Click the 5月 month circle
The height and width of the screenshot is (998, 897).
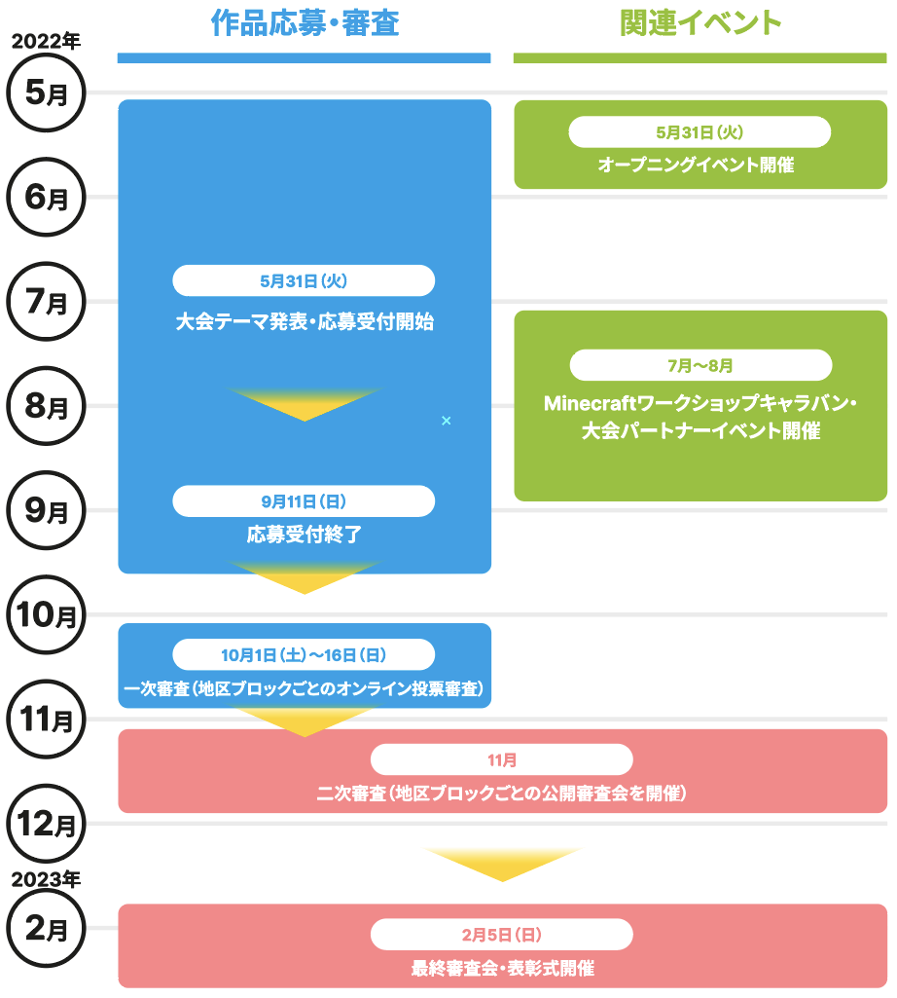click(x=46, y=93)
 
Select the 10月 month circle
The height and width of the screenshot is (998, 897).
click(x=46, y=614)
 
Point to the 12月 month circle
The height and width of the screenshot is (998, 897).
click(x=46, y=824)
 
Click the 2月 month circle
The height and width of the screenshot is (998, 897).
click(x=46, y=929)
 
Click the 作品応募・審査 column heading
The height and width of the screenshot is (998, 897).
click(x=305, y=24)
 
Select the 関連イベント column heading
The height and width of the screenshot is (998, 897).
click(x=700, y=24)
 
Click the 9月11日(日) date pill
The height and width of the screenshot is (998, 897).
click(x=304, y=501)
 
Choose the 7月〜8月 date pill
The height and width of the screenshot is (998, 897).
click(x=700, y=366)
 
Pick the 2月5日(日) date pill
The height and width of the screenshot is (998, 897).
click(x=502, y=935)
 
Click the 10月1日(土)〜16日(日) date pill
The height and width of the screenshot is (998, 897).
click(x=304, y=654)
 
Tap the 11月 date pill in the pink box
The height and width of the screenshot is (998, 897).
click(x=502, y=759)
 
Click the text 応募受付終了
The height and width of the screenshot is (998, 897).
click(x=304, y=535)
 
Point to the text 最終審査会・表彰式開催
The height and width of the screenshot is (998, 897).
click(x=502, y=969)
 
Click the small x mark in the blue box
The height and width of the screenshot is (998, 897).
click(x=447, y=421)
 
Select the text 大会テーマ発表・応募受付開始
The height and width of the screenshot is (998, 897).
click(x=305, y=322)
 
